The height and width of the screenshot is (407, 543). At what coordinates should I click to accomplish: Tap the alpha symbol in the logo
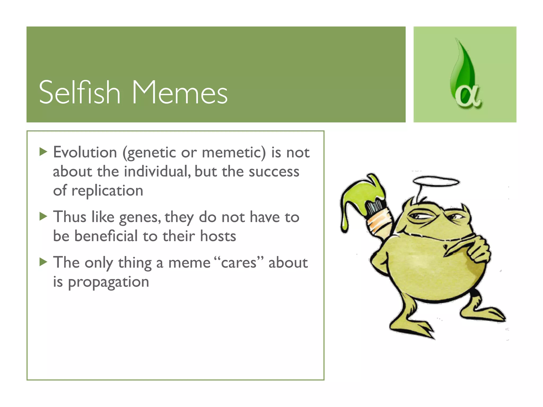click(x=468, y=97)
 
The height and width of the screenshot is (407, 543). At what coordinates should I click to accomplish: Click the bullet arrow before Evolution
click(x=43, y=152)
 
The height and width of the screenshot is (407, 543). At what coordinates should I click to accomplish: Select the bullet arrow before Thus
click(x=43, y=216)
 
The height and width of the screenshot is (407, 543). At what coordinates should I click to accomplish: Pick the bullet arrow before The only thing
click(x=43, y=262)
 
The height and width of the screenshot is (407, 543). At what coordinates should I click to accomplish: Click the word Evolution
click(x=85, y=152)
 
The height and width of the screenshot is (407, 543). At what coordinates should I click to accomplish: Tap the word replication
click(x=107, y=191)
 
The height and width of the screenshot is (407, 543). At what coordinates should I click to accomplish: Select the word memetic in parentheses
click(x=233, y=153)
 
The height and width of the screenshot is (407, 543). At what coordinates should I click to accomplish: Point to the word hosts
click(x=218, y=236)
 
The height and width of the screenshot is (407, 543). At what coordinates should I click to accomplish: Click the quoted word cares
click(x=239, y=263)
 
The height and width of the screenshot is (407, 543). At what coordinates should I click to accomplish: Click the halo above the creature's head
click(x=436, y=182)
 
